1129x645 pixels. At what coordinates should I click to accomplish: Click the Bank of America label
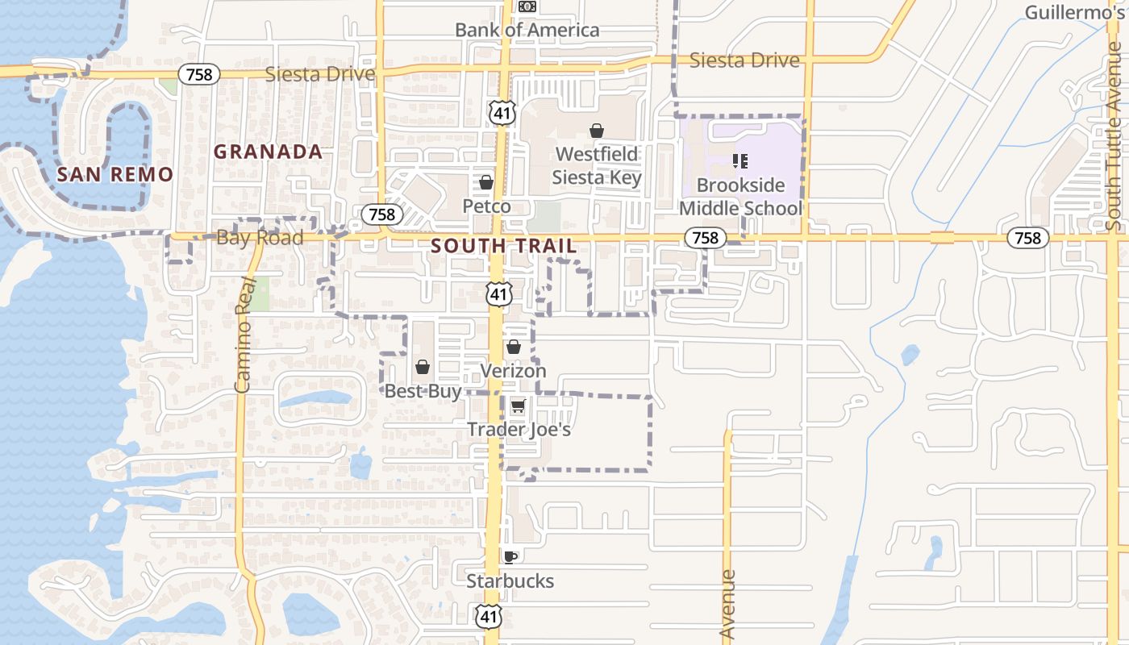pos(527,30)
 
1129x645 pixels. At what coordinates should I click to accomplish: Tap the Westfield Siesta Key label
pos(597,166)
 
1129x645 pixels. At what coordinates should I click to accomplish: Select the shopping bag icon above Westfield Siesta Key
pos(597,131)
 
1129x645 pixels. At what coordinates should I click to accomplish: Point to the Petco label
pos(486,206)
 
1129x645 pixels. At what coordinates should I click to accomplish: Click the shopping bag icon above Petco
pos(486,183)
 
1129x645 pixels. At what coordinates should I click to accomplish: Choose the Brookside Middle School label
pos(740,197)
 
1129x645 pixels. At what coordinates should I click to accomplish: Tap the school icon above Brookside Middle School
pos(740,161)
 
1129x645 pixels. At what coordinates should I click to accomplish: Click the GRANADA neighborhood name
pos(268,152)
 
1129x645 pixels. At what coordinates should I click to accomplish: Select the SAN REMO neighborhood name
pos(115,174)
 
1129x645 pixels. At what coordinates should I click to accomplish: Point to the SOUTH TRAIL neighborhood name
pos(504,246)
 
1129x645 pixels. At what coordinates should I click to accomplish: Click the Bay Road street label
pos(260,238)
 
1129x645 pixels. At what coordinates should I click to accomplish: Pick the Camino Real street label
pos(244,335)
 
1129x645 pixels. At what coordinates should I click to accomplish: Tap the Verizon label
pos(514,371)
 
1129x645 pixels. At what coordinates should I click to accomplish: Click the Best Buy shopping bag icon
pos(423,368)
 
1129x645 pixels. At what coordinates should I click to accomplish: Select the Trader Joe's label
pos(519,430)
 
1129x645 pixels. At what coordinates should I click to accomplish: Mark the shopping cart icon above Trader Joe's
pos(518,406)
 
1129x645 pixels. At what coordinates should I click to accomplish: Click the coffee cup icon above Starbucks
pos(510,556)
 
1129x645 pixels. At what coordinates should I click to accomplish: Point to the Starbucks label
pos(510,581)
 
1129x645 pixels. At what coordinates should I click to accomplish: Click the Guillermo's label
pos(1076,12)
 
